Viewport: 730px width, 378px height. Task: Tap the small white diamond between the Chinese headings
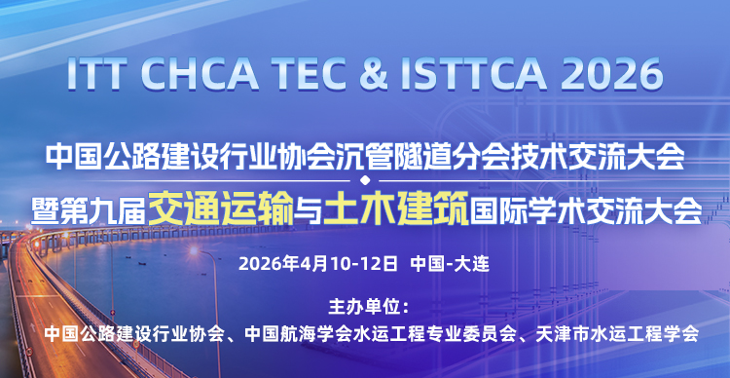point(364,181)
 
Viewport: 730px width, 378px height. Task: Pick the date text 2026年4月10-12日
point(318,263)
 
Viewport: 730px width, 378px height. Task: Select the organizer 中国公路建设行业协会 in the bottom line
point(131,333)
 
